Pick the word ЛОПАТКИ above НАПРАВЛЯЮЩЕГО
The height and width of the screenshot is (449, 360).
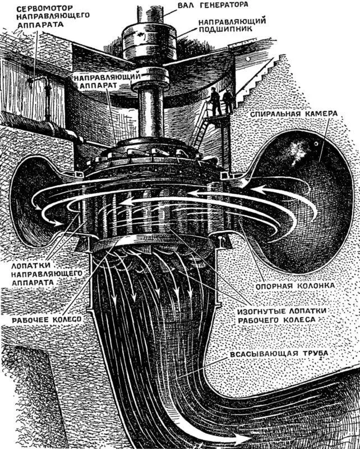coord(37,263)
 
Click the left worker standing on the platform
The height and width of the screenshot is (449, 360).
coord(214,102)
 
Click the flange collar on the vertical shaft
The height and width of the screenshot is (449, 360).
coord(148,75)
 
